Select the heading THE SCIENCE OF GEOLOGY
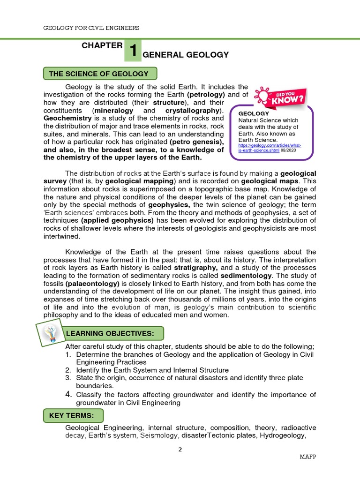[x=100, y=74]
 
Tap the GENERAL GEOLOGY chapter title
[x=186, y=55]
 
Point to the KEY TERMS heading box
[x=73, y=416]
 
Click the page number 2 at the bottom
[x=180, y=450]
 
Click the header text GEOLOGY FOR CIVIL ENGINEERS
[x=91, y=28]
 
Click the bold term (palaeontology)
[x=92, y=284]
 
